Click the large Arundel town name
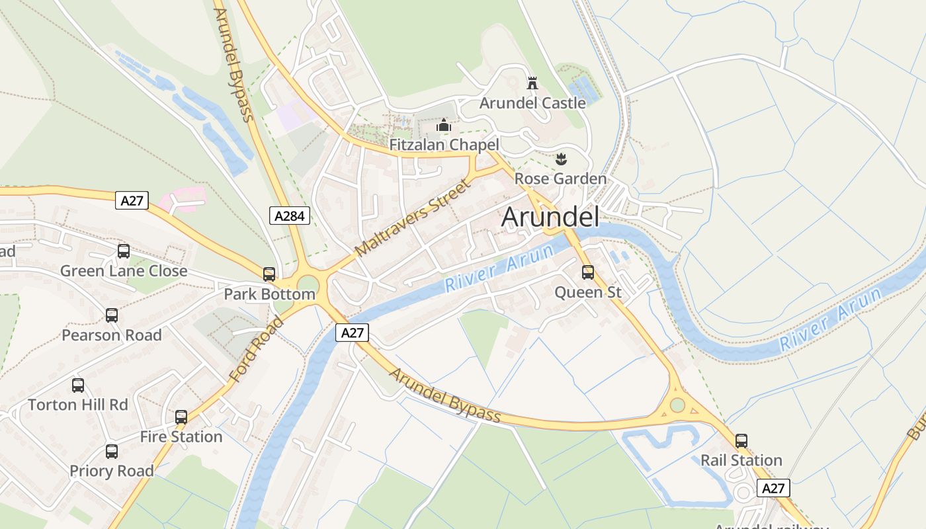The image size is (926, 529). pyautogui.click(x=550, y=218)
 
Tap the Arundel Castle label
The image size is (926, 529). pyautogui.click(x=532, y=103)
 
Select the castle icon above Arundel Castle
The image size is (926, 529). pyautogui.click(x=532, y=83)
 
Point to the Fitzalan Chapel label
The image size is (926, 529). pyautogui.click(x=444, y=145)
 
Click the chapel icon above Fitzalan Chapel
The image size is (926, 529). pyautogui.click(x=444, y=125)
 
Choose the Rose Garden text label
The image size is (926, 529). pyautogui.click(x=560, y=179)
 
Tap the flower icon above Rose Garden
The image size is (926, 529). pyautogui.click(x=561, y=159)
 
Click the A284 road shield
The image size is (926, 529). pyautogui.click(x=290, y=215)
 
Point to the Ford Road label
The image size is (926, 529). pyautogui.click(x=256, y=350)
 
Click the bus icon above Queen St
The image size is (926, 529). pyautogui.click(x=588, y=272)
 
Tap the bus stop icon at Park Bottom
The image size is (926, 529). pyautogui.click(x=269, y=274)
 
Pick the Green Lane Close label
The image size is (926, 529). pyautogui.click(x=124, y=271)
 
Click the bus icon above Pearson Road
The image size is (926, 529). pyautogui.click(x=112, y=315)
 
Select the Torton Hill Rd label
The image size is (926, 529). pyautogui.click(x=78, y=405)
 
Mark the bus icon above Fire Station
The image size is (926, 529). pyautogui.click(x=181, y=417)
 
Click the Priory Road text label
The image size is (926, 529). pyautogui.click(x=112, y=471)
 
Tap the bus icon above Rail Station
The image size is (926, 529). pyautogui.click(x=741, y=441)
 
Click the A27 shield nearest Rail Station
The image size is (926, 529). pyautogui.click(x=773, y=489)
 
